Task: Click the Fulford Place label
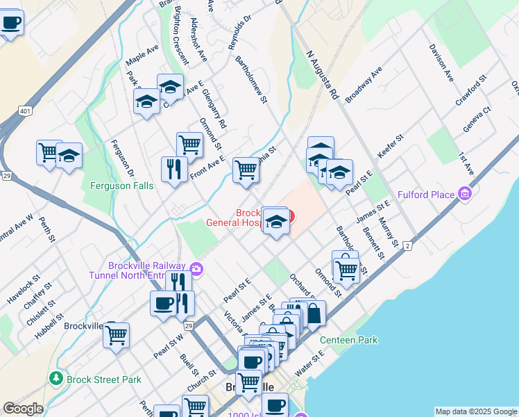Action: click(425, 195)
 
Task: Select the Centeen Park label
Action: click(348, 340)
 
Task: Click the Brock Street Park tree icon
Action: click(56, 379)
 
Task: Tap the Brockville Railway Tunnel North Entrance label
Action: click(147, 270)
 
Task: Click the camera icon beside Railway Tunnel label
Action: click(196, 269)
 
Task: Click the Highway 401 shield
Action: click(25, 111)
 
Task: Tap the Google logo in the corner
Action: click(22, 409)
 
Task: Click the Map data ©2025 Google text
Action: click(476, 411)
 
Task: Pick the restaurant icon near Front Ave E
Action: click(173, 169)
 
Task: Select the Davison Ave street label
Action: click(441, 62)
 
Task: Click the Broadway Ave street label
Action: click(364, 84)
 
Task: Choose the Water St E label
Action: click(309, 363)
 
